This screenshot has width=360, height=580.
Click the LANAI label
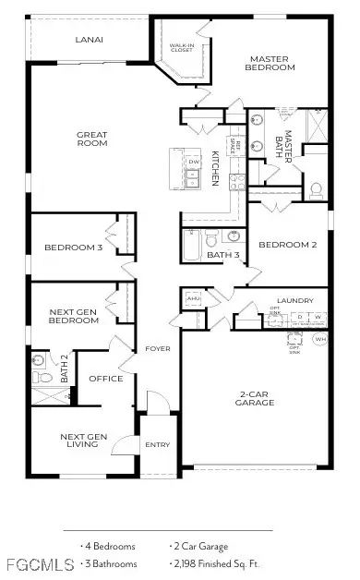pyautogui.click(x=89, y=40)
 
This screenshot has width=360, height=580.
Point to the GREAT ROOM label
pyautogui.click(x=92, y=139)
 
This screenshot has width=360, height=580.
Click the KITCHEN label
pyautogui.click(x=216, y=168)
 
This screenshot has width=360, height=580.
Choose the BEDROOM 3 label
pyautogui.click(x=73, y=248)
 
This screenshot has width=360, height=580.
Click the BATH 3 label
pyautogui.click(x=223, y=255)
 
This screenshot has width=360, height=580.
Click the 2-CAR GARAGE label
pyautogui.click(x=252, y=398)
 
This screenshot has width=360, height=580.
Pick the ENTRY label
pyautogui.click(x=158, y=445)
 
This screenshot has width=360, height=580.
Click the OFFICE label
pyautogui.click(x=105, y=379)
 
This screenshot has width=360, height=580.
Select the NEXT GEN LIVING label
pyautogui.click(x=85, y=441)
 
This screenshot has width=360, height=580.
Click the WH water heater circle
pyautogui.click(x=320, y=340)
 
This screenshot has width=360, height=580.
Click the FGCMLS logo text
pyautogui.click(x=30, y=563)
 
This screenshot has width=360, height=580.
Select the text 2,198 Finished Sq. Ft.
pyautogui.click(x=216, y=562)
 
